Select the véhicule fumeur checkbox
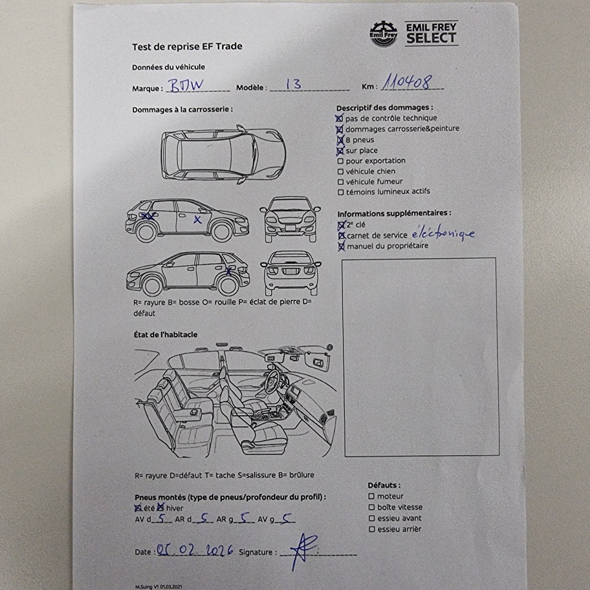tap(341, 182)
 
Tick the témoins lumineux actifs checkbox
tap(341, 192)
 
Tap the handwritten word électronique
tap(443, 234)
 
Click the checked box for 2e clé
tap(341, 225)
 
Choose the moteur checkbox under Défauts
tap(371, 496)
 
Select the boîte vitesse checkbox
tap(371, 507)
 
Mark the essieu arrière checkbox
tap(372, 529)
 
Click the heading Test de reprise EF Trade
tap(187, 46)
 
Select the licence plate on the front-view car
tap(290, 228)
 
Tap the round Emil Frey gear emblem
tap(384, 34)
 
